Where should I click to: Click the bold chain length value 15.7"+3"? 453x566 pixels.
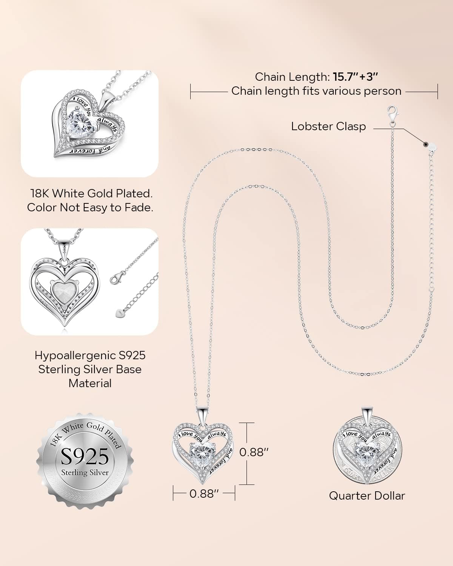pos(355,77)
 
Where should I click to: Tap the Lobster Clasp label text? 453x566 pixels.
pos(328,126)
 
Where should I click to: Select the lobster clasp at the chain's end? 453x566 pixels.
pos(393,114)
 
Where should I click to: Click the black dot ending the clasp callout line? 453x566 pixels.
pos(425,144)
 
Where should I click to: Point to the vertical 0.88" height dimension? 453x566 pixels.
pos(247,454)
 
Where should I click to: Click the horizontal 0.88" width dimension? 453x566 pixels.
pos(204,494)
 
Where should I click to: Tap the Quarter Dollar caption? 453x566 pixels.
pos(367,496)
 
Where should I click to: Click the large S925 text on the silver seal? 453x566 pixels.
pos(85,456)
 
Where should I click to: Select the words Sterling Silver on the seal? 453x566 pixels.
pos(85,473)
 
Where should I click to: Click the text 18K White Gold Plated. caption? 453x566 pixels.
pos(91,194)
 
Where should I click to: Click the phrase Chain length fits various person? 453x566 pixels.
pos(316,91)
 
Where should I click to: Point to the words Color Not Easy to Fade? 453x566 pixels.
pos(90,208)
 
